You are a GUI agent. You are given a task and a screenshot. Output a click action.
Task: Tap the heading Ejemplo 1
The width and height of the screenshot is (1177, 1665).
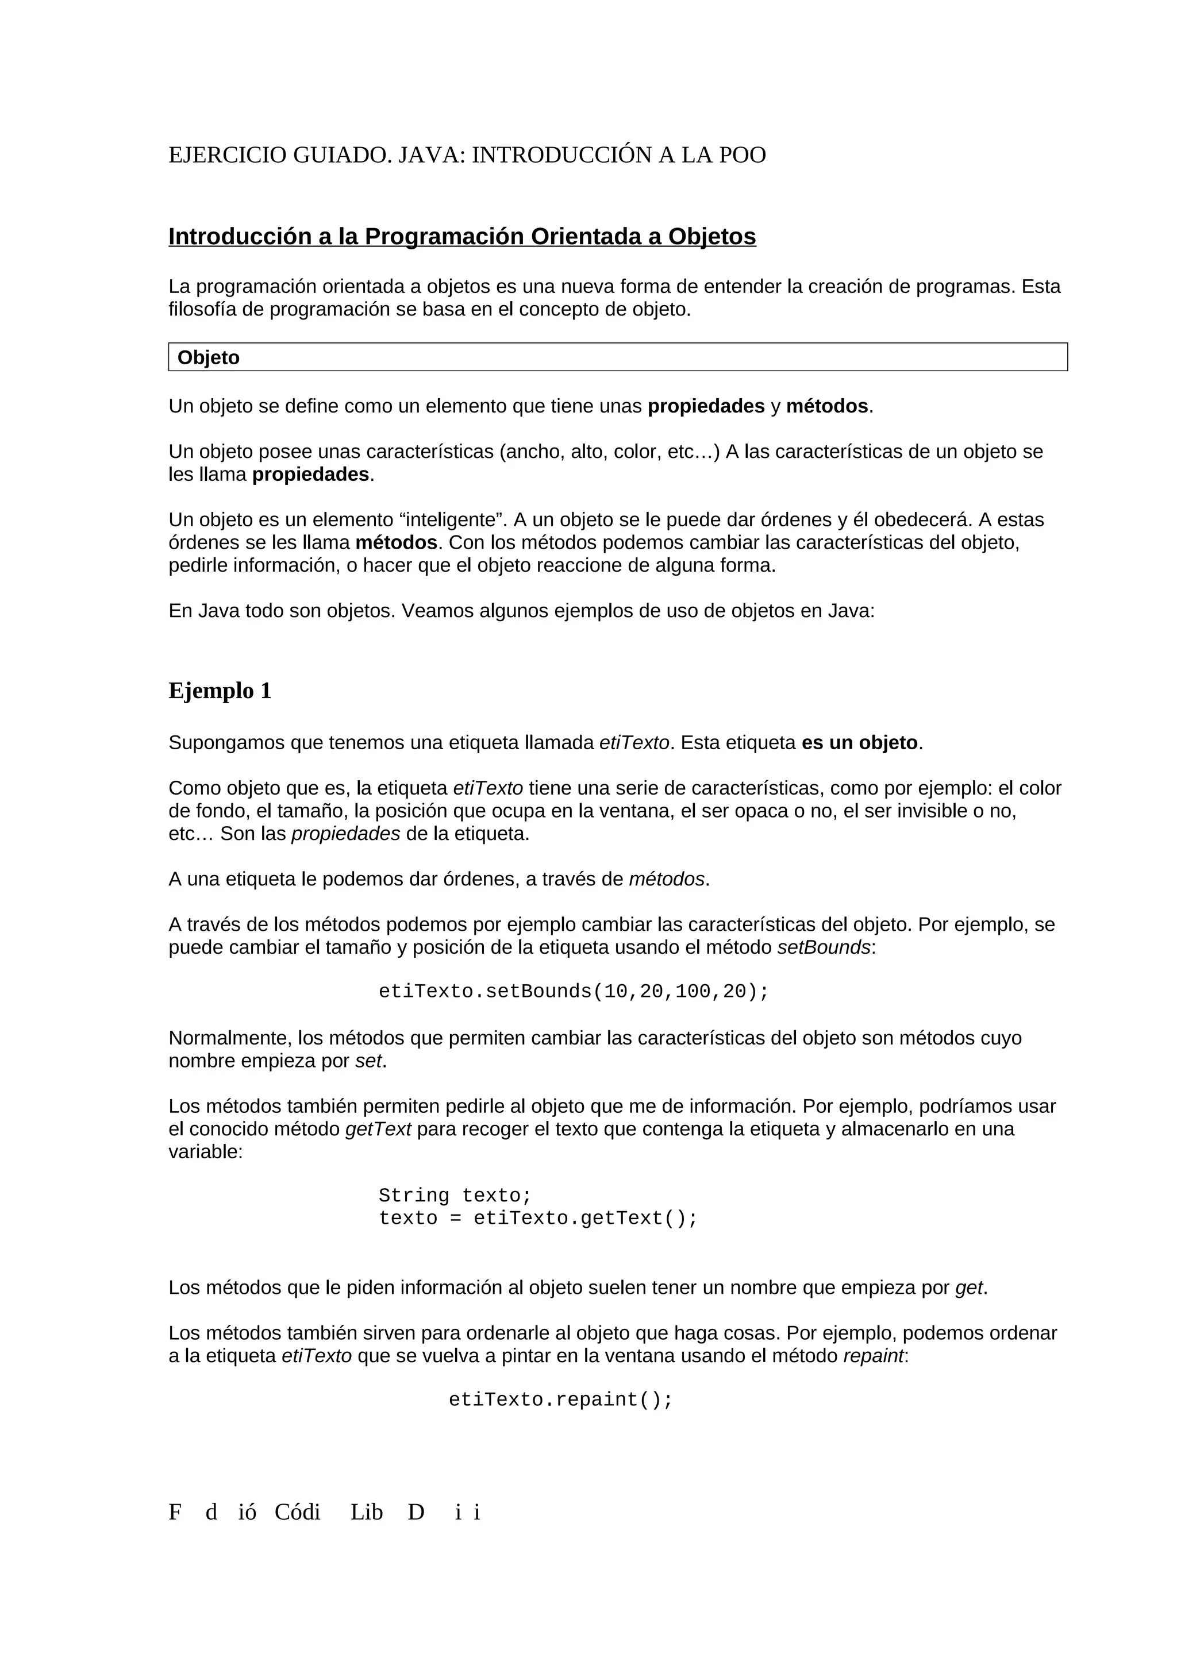pyautogui.click(x=220, y=691)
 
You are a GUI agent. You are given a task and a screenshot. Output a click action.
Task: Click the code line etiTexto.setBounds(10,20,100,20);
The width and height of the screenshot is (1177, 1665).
pyautogui.click(x=573, y=991)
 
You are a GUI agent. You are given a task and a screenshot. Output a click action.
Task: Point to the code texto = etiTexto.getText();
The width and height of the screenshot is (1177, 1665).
pyautogui.click(x=537, y=1218)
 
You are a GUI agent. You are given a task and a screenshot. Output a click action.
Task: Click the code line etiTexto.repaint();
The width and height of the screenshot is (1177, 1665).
pyautogui.click(x=560, y=1400)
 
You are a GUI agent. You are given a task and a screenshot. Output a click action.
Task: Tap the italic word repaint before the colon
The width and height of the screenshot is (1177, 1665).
pyautogui.click(x=873, y=1355)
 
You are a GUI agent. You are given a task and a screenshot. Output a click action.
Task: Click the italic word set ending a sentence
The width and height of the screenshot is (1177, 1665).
pyautogui.click(x=368, y=1061)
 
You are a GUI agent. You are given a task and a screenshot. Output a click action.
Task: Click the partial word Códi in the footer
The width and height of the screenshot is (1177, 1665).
pyautogui.click(x=297, y=1512)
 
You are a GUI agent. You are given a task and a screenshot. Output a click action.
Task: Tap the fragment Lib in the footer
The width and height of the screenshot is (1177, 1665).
pyautogui.click(x=366, y=1512)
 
